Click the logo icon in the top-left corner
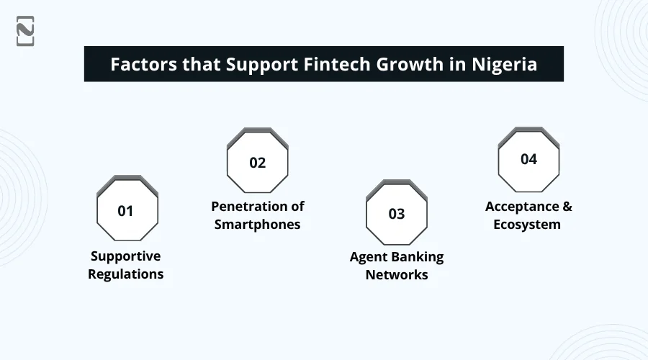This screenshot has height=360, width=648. (25, 31)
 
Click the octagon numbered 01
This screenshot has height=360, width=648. (127, 210)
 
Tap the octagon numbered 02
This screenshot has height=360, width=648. (258, 162)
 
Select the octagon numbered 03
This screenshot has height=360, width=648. (397, 214)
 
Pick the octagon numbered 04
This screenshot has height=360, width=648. (528, 159)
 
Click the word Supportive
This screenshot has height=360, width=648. (125, 256)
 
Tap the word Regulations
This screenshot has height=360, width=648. (126, 274)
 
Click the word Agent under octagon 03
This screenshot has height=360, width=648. (369, 257)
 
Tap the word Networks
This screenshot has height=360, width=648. (397, 275)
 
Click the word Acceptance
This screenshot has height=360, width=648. (521, 207)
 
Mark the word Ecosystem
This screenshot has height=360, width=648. (527, 225)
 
